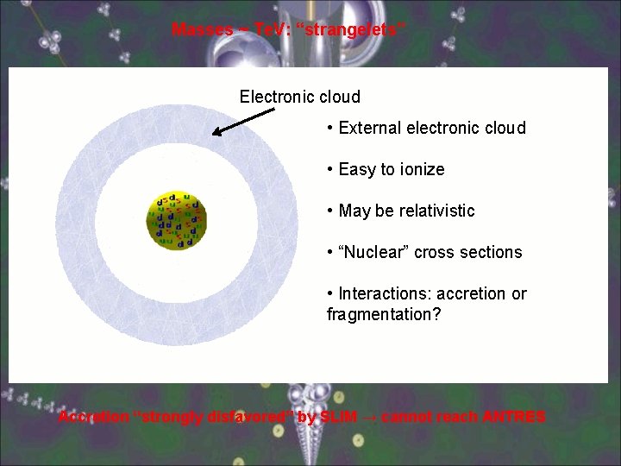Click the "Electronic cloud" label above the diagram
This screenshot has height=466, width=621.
pyautogui.click(x=299, y=97)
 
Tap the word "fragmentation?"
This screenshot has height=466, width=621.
pyautogui.click(x=384, y=314)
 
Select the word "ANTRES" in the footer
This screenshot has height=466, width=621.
pyautogui.click(x=513, y=418)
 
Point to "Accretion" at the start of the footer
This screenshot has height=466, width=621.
pyautogui.click(x=93, y=418)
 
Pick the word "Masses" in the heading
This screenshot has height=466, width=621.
pyautogui.click(x=203, y=30)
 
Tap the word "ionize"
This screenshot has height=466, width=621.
pyautogui.click(x=420, y=170)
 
